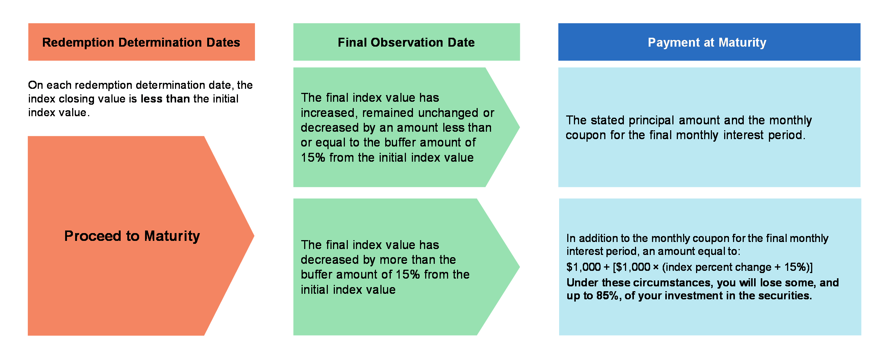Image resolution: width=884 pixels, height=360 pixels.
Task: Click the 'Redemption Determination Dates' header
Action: pyautogui.click(x=141, y=42)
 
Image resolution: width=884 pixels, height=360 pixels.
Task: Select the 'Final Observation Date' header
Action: pyautogui.click(x=406, y=42)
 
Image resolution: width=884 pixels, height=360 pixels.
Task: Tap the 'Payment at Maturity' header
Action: pyautogui.click(x=707, y=42)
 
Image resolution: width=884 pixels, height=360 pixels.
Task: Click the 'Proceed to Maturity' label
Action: pyautogui.click(x=132, y=236)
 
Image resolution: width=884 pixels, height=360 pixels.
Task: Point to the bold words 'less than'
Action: pyautogui.click(x=165, y=99)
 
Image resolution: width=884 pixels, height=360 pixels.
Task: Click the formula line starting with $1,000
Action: pyautogui.click(x=689, y=267)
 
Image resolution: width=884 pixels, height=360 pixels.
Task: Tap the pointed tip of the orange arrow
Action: pyautogui.click(x=254, y=236)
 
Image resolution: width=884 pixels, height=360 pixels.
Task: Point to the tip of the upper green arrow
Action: pyautogui.click(x=520, y=127)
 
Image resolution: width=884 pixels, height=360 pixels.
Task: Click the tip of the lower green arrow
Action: pyautogui.click(x=520, y=267)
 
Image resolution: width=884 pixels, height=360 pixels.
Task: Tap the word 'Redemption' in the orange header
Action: pyautogui.click(x=78, y=43)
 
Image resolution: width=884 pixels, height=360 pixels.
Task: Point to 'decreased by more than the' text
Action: pyautogui.click(x=378, y=260)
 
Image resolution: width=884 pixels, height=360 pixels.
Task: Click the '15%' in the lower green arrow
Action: pyautogui.click(x=408, y=275)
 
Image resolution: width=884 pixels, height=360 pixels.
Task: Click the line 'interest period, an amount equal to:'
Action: pyautogui.click(x=653, y=251)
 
